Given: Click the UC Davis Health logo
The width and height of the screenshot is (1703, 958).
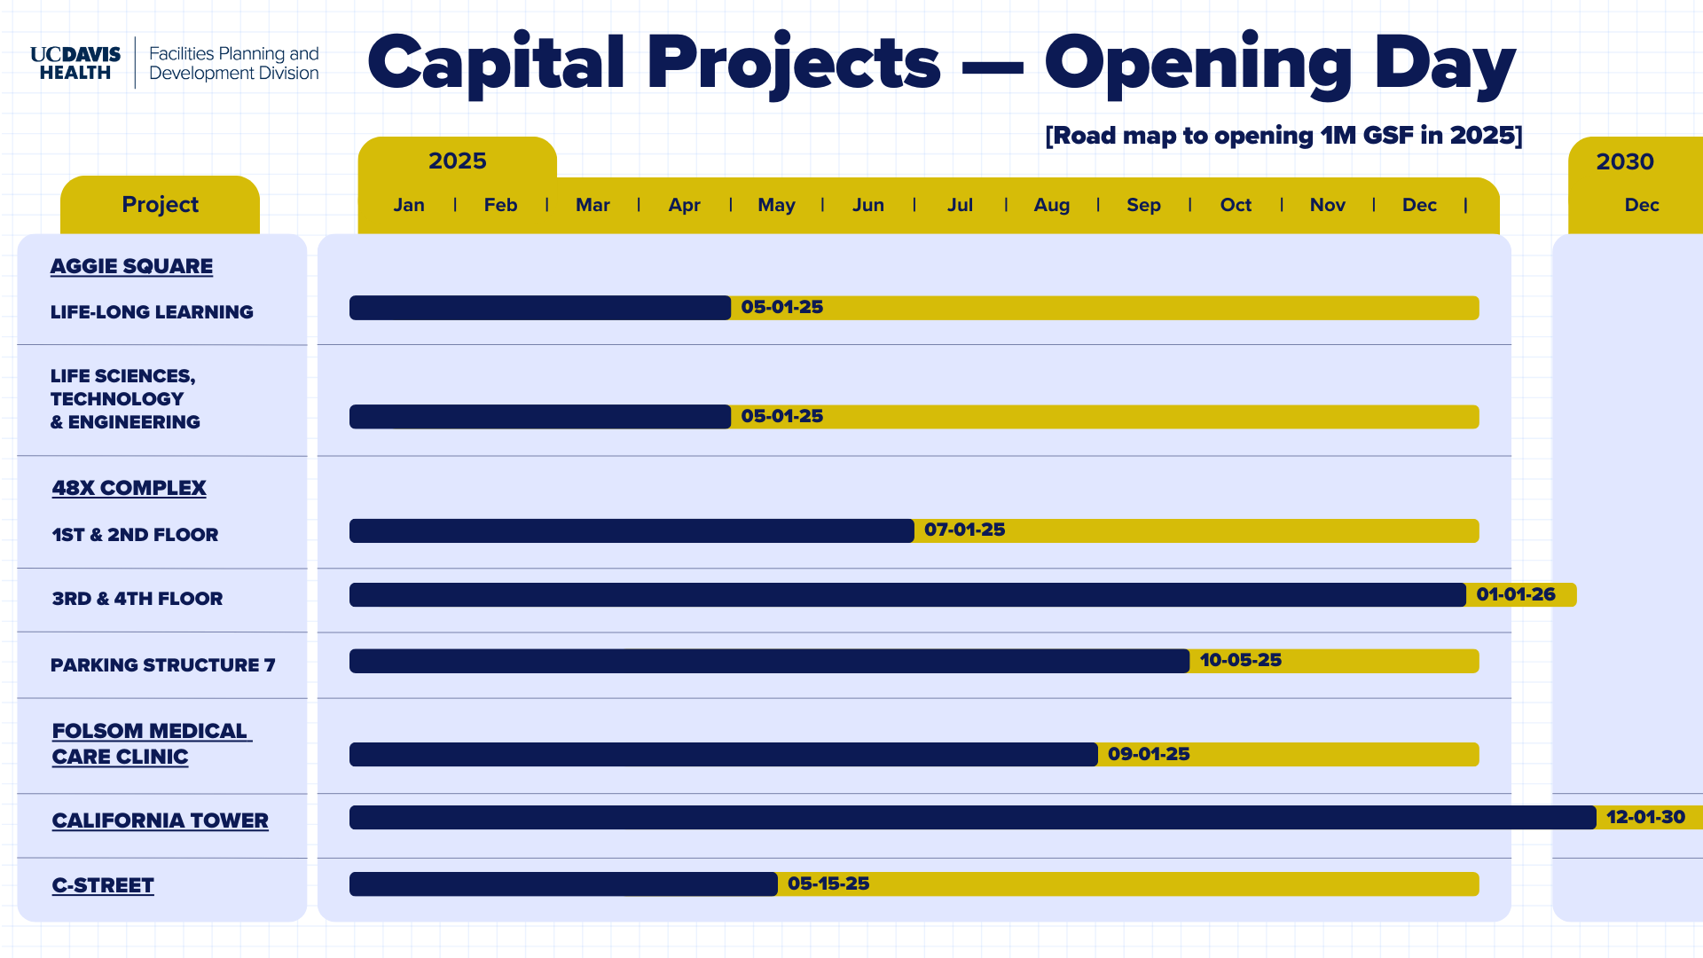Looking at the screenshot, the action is (75, 63).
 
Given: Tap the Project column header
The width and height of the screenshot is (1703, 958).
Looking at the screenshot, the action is (160, 204).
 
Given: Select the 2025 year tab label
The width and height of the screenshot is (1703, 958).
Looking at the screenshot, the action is (458, 161).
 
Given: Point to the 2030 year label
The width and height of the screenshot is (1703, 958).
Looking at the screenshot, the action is (1625, 161).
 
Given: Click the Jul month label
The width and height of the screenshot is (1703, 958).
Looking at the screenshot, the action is (960, 205).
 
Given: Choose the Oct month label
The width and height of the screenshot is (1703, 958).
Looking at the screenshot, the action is (1236, 205).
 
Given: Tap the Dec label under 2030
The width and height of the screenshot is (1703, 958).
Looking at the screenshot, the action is (1642, 205).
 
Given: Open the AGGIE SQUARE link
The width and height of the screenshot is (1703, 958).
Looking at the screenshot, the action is (131, 266).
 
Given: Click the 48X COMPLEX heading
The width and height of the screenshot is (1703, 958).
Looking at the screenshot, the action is (129, 488).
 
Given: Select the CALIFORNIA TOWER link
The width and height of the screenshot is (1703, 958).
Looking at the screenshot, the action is (160, 821).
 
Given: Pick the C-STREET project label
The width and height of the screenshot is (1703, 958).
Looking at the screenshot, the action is (103, 885).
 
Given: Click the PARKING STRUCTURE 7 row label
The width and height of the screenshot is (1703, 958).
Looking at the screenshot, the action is (163, 665).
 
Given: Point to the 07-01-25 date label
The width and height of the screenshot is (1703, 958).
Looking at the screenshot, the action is (965, 530).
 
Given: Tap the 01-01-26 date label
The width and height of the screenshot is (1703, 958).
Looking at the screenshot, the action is (1516, 594).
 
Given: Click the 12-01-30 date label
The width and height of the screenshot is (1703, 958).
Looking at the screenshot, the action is (1645, 817).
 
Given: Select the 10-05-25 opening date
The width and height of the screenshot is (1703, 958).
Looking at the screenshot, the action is (1241, 660).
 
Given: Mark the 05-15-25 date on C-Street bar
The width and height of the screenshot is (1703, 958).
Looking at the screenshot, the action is (828, 883).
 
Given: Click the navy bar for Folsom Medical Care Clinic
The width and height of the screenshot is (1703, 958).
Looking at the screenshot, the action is (724, 754).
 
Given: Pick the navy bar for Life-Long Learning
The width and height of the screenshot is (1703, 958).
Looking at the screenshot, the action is (540, 308).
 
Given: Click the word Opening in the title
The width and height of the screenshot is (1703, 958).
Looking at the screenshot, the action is (1198, 64).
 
